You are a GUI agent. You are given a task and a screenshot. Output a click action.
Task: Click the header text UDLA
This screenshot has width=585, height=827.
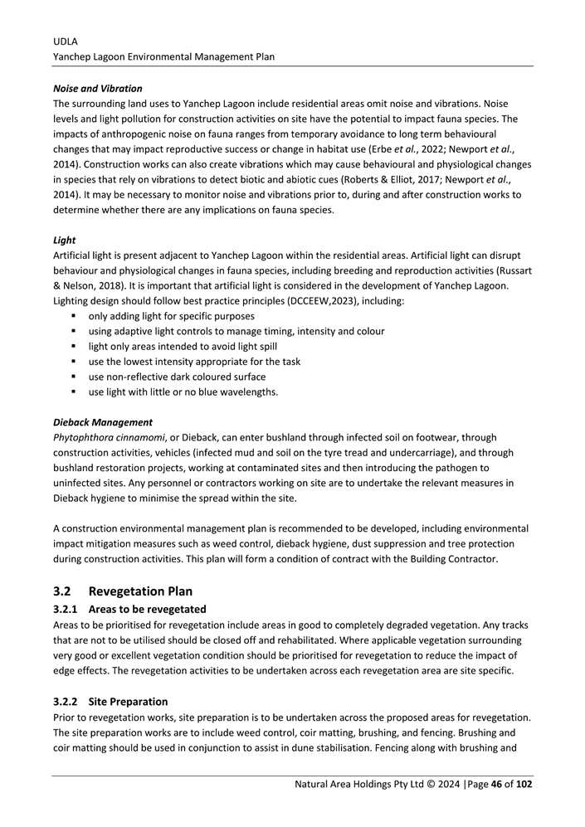(66, 41)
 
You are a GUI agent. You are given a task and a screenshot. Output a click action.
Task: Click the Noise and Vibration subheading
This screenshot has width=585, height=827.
(97, 88)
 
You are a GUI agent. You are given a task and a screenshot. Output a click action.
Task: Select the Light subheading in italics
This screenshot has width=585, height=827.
(64, 240)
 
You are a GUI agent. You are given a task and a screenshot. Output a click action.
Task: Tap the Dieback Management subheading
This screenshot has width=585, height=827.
(102, 421)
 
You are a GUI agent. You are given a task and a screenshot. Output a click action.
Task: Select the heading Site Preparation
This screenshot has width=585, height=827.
(128, 701)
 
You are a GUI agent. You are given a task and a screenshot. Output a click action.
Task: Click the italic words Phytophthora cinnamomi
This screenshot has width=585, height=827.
(108, 436)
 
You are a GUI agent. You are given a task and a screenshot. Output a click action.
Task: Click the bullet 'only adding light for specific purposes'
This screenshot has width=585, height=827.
(171, 316)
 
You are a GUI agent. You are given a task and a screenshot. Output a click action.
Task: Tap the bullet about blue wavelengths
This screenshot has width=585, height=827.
(183, 392)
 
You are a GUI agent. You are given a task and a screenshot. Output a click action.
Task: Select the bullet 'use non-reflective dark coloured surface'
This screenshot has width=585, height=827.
(177, 377)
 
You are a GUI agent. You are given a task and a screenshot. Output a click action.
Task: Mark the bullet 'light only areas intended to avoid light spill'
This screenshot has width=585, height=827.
(183, 346)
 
